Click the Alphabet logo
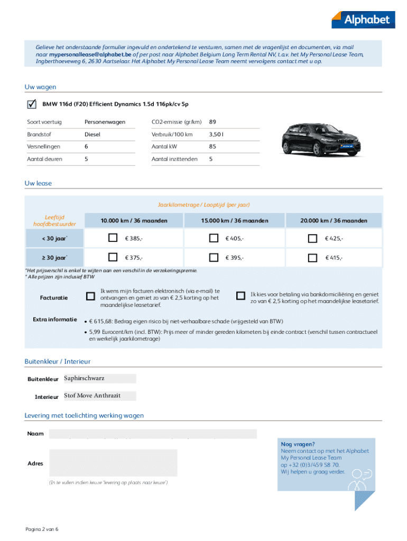tap(363, 20)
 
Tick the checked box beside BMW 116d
tap(32, 104)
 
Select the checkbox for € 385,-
tap(113, 238)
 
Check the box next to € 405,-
tap(214, 238)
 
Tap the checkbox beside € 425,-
tap(313, 238)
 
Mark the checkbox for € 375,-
tap(113, 257)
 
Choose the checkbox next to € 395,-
tap(214, 257)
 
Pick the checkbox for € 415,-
tap(313, 257)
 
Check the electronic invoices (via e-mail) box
tap(90, 296)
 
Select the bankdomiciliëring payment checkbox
tap(241, 296)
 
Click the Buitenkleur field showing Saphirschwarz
tap(99, 378)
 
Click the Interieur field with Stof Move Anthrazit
tap(99, 396)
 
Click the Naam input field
tap(153, 434)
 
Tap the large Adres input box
tap(113, 463)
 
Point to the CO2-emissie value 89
tap(212, 122)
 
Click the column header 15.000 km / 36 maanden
tap(235, 220)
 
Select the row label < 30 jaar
tap(54, 239)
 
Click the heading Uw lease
tap(38, 183)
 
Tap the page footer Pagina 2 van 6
tap(42, 529)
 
